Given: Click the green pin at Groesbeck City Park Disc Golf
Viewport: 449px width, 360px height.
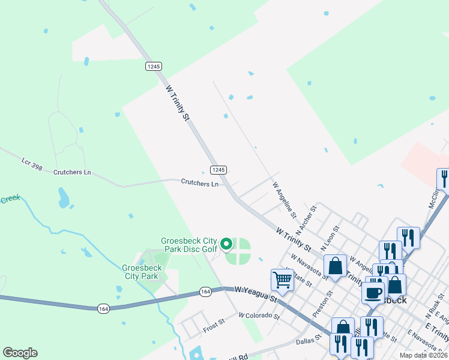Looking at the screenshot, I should click(226, 244).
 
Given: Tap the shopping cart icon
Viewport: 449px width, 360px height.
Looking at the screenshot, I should click(282, 280).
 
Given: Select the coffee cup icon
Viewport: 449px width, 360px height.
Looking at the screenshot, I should click(373, 293).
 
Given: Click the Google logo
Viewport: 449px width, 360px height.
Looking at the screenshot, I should click(20, 352).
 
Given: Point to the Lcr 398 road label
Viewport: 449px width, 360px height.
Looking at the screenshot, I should click(32, 163).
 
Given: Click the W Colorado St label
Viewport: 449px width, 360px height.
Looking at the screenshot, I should click(259, 315).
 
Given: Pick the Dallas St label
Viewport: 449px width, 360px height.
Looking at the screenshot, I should click(310, 341).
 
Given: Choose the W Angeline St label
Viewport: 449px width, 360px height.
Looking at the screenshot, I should click(285, 200).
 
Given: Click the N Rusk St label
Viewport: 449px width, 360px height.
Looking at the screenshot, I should click(432, 307).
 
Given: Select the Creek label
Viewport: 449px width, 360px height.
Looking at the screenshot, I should click(10, 199).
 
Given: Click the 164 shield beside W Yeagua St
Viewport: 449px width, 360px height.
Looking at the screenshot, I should click(206, 292).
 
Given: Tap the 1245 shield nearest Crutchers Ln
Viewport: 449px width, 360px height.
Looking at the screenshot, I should click(218, 170).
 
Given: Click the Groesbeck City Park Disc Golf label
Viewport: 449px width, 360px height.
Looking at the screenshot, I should click(189, 245).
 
